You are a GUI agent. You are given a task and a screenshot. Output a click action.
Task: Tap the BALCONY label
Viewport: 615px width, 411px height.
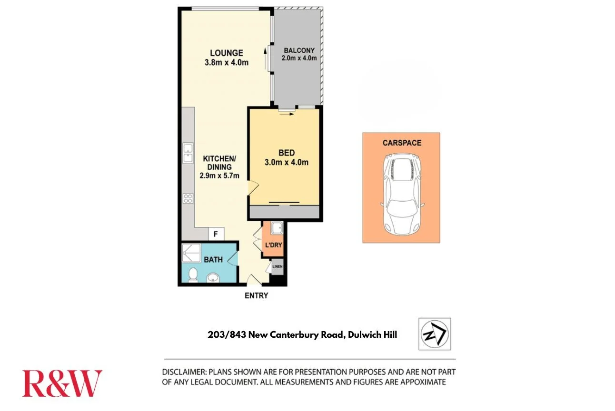coord(299,50)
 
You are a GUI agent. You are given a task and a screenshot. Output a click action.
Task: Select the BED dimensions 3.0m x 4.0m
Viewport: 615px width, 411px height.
coord(287,162)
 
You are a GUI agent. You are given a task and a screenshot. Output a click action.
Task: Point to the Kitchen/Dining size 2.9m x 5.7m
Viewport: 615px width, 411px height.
coord(219,176)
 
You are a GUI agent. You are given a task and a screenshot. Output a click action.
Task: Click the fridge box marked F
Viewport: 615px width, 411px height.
coord(216,234)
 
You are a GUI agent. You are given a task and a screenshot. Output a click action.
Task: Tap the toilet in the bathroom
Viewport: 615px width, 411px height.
coord(192,275)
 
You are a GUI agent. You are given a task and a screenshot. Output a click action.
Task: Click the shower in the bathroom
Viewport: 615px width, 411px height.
coord(190,253)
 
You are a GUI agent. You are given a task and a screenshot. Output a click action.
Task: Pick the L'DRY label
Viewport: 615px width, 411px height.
coord(273,245)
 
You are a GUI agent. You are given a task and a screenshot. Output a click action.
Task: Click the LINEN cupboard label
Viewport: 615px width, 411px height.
coord(278,267)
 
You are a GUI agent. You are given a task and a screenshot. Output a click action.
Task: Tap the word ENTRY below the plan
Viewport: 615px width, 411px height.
coord(256,295)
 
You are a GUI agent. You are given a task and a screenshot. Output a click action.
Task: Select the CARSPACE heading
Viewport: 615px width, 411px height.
coord(402,143)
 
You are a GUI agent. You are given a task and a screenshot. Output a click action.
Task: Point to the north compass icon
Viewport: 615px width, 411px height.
coord(435,334)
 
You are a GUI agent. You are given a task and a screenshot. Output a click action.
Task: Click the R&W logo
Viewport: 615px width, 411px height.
coord(62,383)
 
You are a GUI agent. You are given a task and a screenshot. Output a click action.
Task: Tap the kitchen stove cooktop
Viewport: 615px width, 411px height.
coord(188,199)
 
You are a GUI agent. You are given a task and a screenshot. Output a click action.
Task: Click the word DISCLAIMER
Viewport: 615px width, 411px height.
coord(183,372)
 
